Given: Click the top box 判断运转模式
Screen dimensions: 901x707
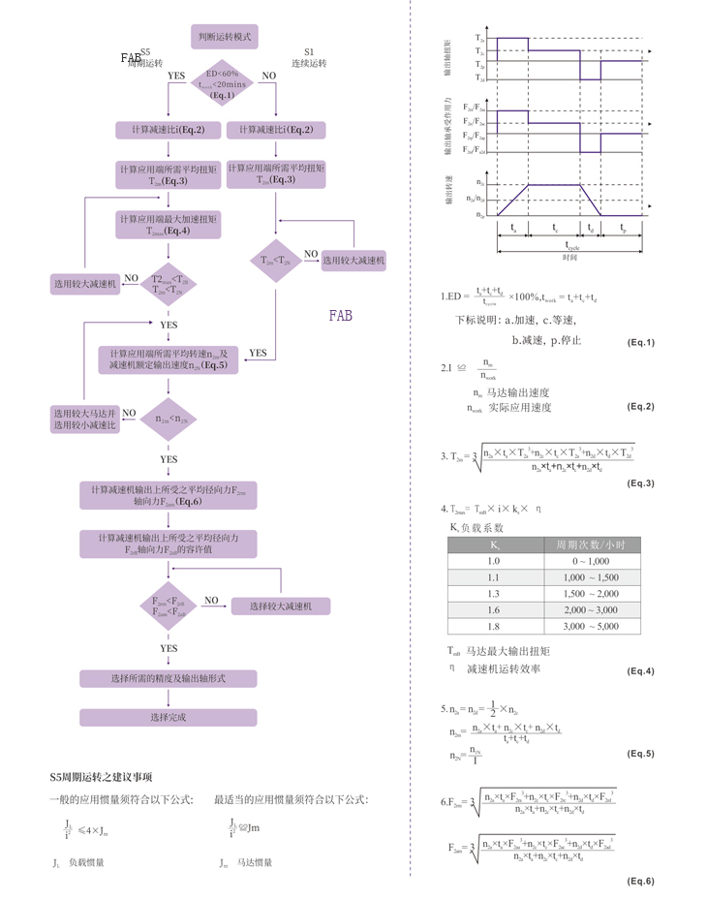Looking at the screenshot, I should coord(224,36).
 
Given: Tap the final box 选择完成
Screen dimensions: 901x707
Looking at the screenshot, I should coord(169,718).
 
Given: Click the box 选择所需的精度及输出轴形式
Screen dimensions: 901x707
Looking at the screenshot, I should coord(169,678).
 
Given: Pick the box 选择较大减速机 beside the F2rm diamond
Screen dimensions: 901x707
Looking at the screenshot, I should coord(280,606).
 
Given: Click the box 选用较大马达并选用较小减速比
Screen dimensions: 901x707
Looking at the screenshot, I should coord(84,419).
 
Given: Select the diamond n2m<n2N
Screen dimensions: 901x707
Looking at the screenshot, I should coord(169,419).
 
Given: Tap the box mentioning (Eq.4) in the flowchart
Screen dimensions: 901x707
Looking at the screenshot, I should coord(169,225).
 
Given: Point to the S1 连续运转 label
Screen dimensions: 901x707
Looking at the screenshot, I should coord(309,57).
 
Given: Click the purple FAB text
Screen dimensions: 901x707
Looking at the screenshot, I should coord(341,316).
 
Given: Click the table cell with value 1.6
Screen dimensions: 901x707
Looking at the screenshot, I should coord(494,609).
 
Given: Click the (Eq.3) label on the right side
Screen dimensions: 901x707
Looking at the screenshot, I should coord(640,482).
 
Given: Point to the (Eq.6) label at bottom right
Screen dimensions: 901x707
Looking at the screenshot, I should coord(640,880).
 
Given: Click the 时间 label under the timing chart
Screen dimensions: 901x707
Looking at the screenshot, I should coord(569,257).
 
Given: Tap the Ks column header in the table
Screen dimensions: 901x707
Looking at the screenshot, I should coord(494,544).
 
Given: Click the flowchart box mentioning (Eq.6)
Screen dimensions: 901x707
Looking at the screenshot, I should coord(169,495).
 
